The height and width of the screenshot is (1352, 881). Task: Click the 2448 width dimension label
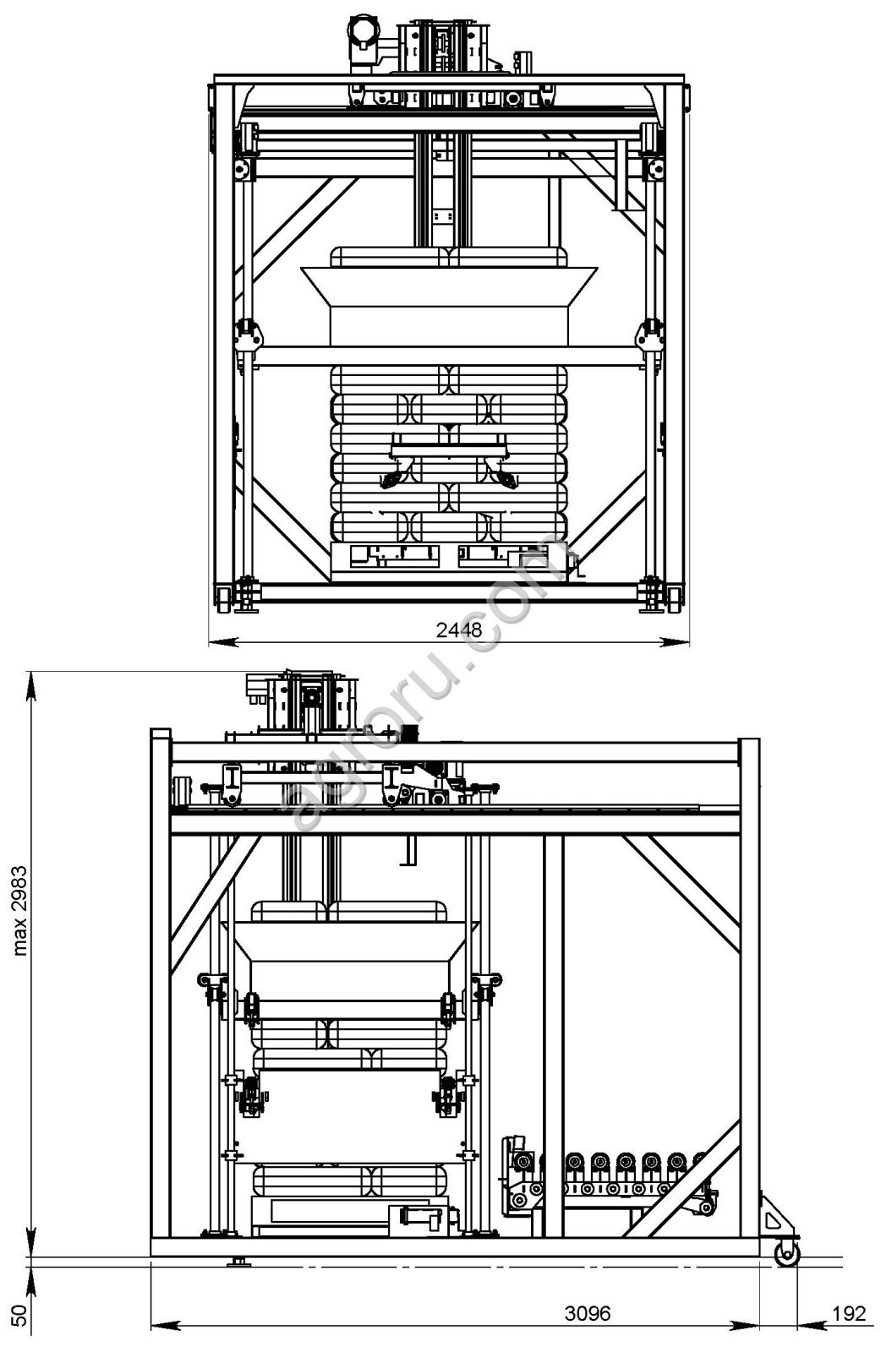click(x=458, y=630)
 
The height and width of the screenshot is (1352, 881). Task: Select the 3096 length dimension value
click(x=586, y=1313)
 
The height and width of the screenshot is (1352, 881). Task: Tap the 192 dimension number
click(x=848, y=1313)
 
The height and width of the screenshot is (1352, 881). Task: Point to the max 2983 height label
click(x=20, y=911)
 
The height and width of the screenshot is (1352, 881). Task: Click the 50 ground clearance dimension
click(x=20, y=1315)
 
